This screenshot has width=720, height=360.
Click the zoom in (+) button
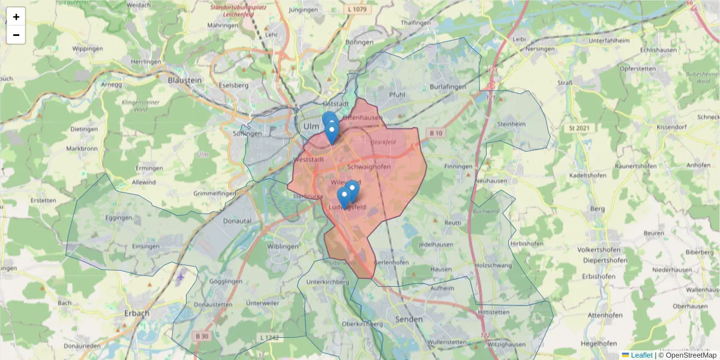pyautogui.click(x=16, y=17)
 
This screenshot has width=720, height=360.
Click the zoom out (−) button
pyautogui.click(x=16, y=35)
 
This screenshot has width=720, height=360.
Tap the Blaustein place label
pyautogui.click(x=185, y=79)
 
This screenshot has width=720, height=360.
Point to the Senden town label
pyautogui.click(x=407, y=319)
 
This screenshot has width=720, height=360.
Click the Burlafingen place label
pyautogui.click(x=448, y=87)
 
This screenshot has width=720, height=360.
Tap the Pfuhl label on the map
pyautogui.click(x=397, y=94)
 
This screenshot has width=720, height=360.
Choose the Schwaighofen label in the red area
pyautogui.click(x=369, y=166)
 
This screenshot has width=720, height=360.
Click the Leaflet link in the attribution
pyautogui.click(x=641, y=355)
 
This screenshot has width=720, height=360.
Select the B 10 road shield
pyautogui.click(x=436, y=133)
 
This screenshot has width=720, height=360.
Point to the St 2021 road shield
pyautogui.click(x=579, y=128)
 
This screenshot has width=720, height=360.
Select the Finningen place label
pyautogui.click(x=459, y=166)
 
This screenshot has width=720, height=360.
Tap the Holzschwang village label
pyautogui.click(x=491, y=265)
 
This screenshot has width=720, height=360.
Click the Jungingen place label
pyautogui.click(x=303, y=10)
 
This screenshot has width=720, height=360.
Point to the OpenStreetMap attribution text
pyautogui.click(x=691, y=355)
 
